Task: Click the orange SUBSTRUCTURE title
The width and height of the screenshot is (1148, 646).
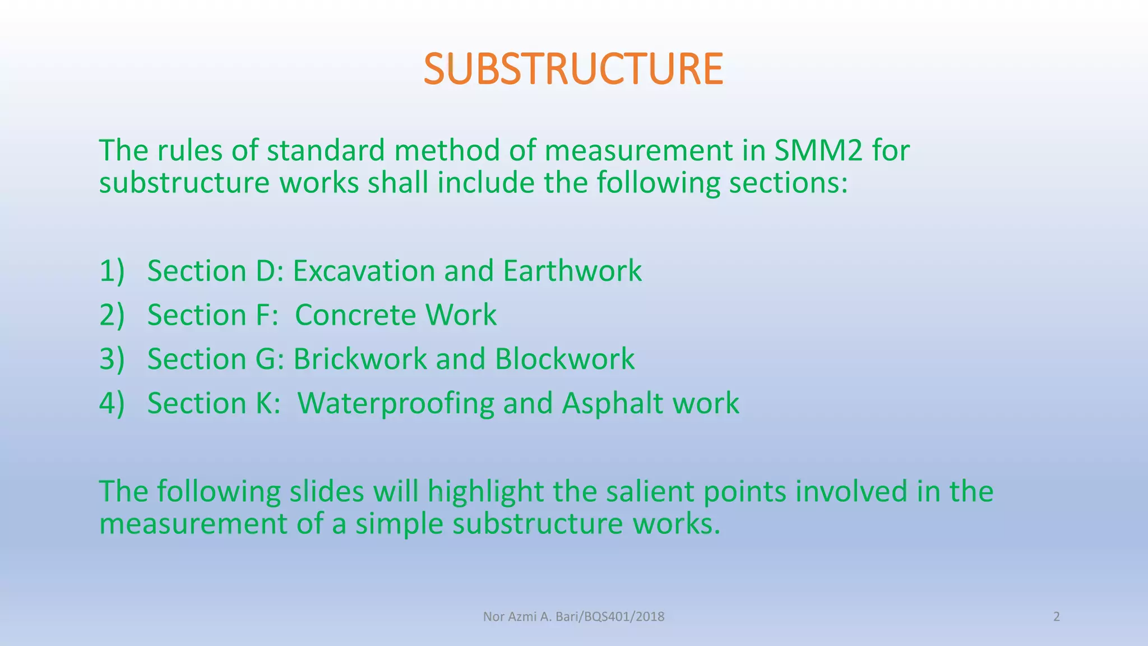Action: tap(573, 69)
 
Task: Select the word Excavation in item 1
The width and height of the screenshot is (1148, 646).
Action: tap(364, 271)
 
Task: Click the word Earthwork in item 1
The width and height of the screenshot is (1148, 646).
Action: tap(572, 271)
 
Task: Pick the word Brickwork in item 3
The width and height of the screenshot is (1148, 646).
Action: tap(360, 359)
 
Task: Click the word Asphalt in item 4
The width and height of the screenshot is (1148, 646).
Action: tap(613, 403)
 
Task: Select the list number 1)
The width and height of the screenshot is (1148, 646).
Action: tap(112, 271)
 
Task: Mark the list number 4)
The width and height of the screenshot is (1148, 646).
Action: tap(112, 403)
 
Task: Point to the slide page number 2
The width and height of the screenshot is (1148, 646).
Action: tap(1056, 617)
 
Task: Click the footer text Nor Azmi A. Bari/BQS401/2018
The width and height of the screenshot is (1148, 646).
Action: tap(573, 617)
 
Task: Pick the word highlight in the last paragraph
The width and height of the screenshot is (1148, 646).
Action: tap(485, 491)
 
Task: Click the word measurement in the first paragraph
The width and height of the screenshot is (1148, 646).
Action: tap(638, 150)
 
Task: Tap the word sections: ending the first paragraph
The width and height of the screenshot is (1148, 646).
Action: tap(788, 183)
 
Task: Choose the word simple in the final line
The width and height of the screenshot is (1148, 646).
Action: tap(400, 524)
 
